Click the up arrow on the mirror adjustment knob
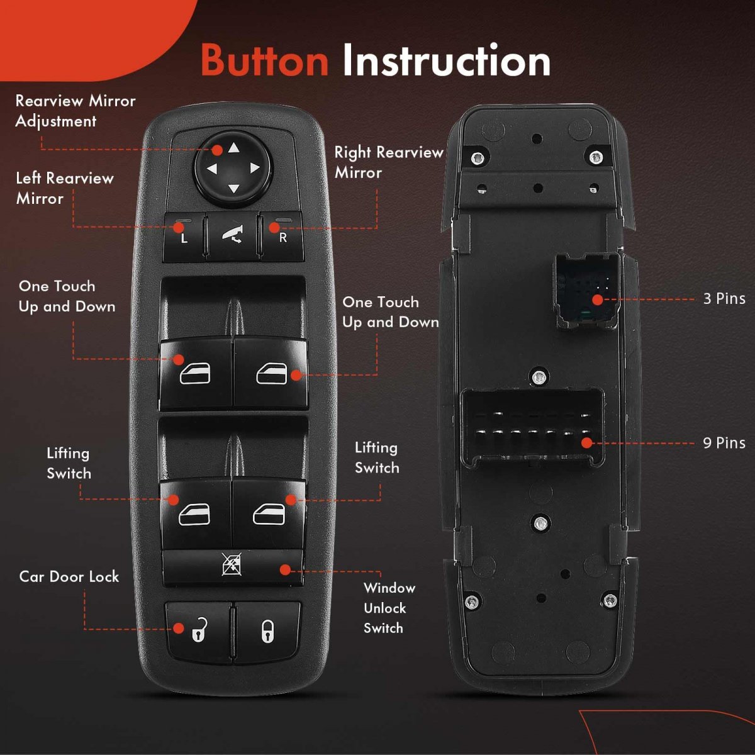click(234, 148)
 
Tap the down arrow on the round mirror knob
click(233, 189)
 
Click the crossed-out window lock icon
click(232, 564)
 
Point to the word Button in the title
click(265, 61)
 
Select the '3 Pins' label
click(724, 299)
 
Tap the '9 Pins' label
click(724, 443)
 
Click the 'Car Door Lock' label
click(69, 577)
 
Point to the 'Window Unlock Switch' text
click(389, 608)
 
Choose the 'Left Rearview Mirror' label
click(65, 189)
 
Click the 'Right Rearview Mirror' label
click(389, 162)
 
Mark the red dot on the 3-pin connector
click(598, 300)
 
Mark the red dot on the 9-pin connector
click(586, 443)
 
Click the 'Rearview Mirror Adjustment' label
click(75, 111)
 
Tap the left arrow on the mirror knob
click(212, 169)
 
